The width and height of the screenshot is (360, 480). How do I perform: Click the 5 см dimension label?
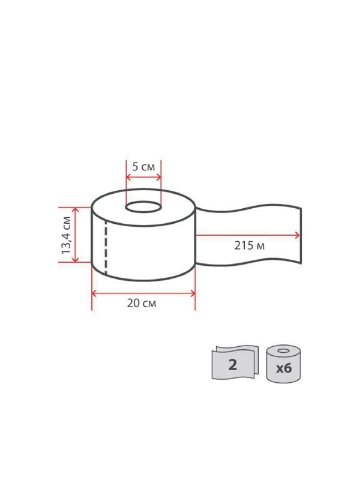(143, 167)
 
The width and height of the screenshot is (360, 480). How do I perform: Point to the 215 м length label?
(250, 245)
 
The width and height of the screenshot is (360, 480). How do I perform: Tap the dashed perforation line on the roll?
(106, 247)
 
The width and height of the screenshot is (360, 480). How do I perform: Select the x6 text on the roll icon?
(283, 368)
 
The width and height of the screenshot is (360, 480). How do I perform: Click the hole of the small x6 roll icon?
(283, 350)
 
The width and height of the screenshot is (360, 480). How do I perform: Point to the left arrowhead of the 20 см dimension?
(94, 293)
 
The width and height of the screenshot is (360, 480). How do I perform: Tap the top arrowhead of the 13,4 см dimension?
(75, 210)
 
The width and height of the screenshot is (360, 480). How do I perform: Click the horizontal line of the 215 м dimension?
(246, 235)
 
